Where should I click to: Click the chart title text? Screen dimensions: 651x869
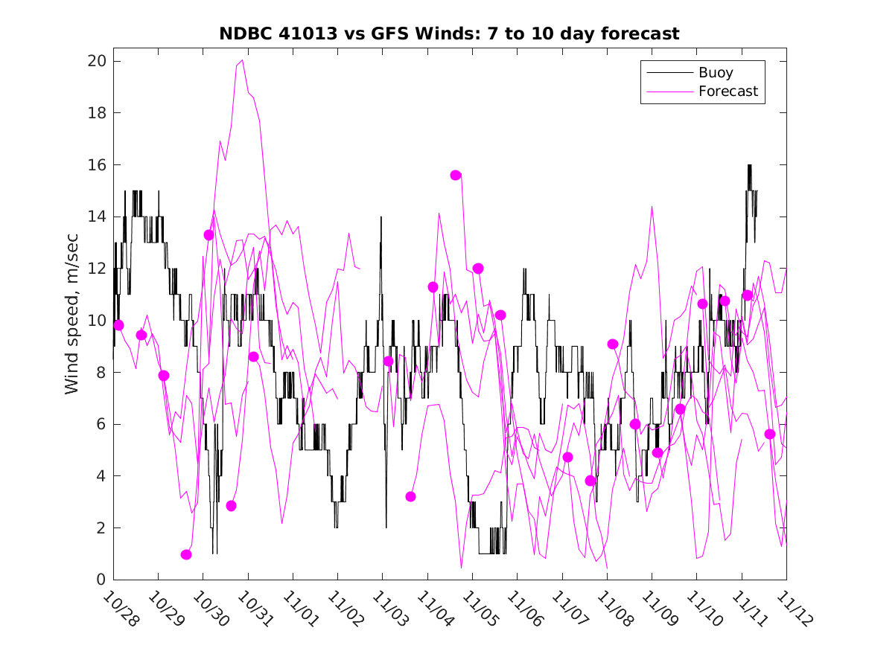(449, 34)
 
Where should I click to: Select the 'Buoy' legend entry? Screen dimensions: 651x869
(716, 73)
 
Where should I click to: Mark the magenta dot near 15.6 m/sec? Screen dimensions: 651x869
(456, 175)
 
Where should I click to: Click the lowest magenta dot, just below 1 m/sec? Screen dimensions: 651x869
(186, 554)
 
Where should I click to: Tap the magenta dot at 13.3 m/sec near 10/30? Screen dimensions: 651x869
(209, 235)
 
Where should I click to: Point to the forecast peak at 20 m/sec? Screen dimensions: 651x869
(243, 60)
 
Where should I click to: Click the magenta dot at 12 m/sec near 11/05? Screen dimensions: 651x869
(478, 269)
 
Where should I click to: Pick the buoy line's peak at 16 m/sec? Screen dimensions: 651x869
(749, 165)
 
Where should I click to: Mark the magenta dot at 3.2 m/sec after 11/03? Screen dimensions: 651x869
(410, 496)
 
